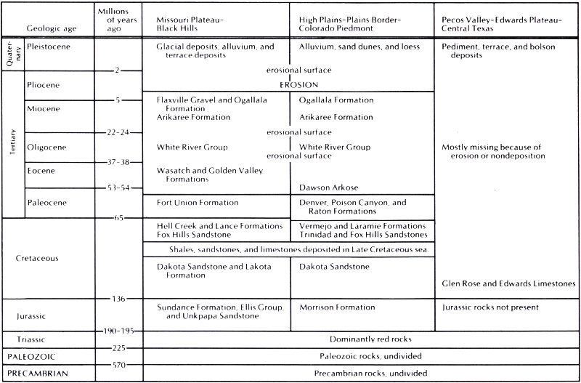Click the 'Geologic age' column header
(x=52, y=29)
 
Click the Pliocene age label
(x=42, y=85)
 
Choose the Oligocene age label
(x=45, y=148)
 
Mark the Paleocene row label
(x=46, y=201)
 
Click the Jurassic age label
(x=35, y=317)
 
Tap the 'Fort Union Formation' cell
(x=198, y=202)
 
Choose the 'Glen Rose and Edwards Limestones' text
(x=508, y=283)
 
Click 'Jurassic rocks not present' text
(x=490, y=307)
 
